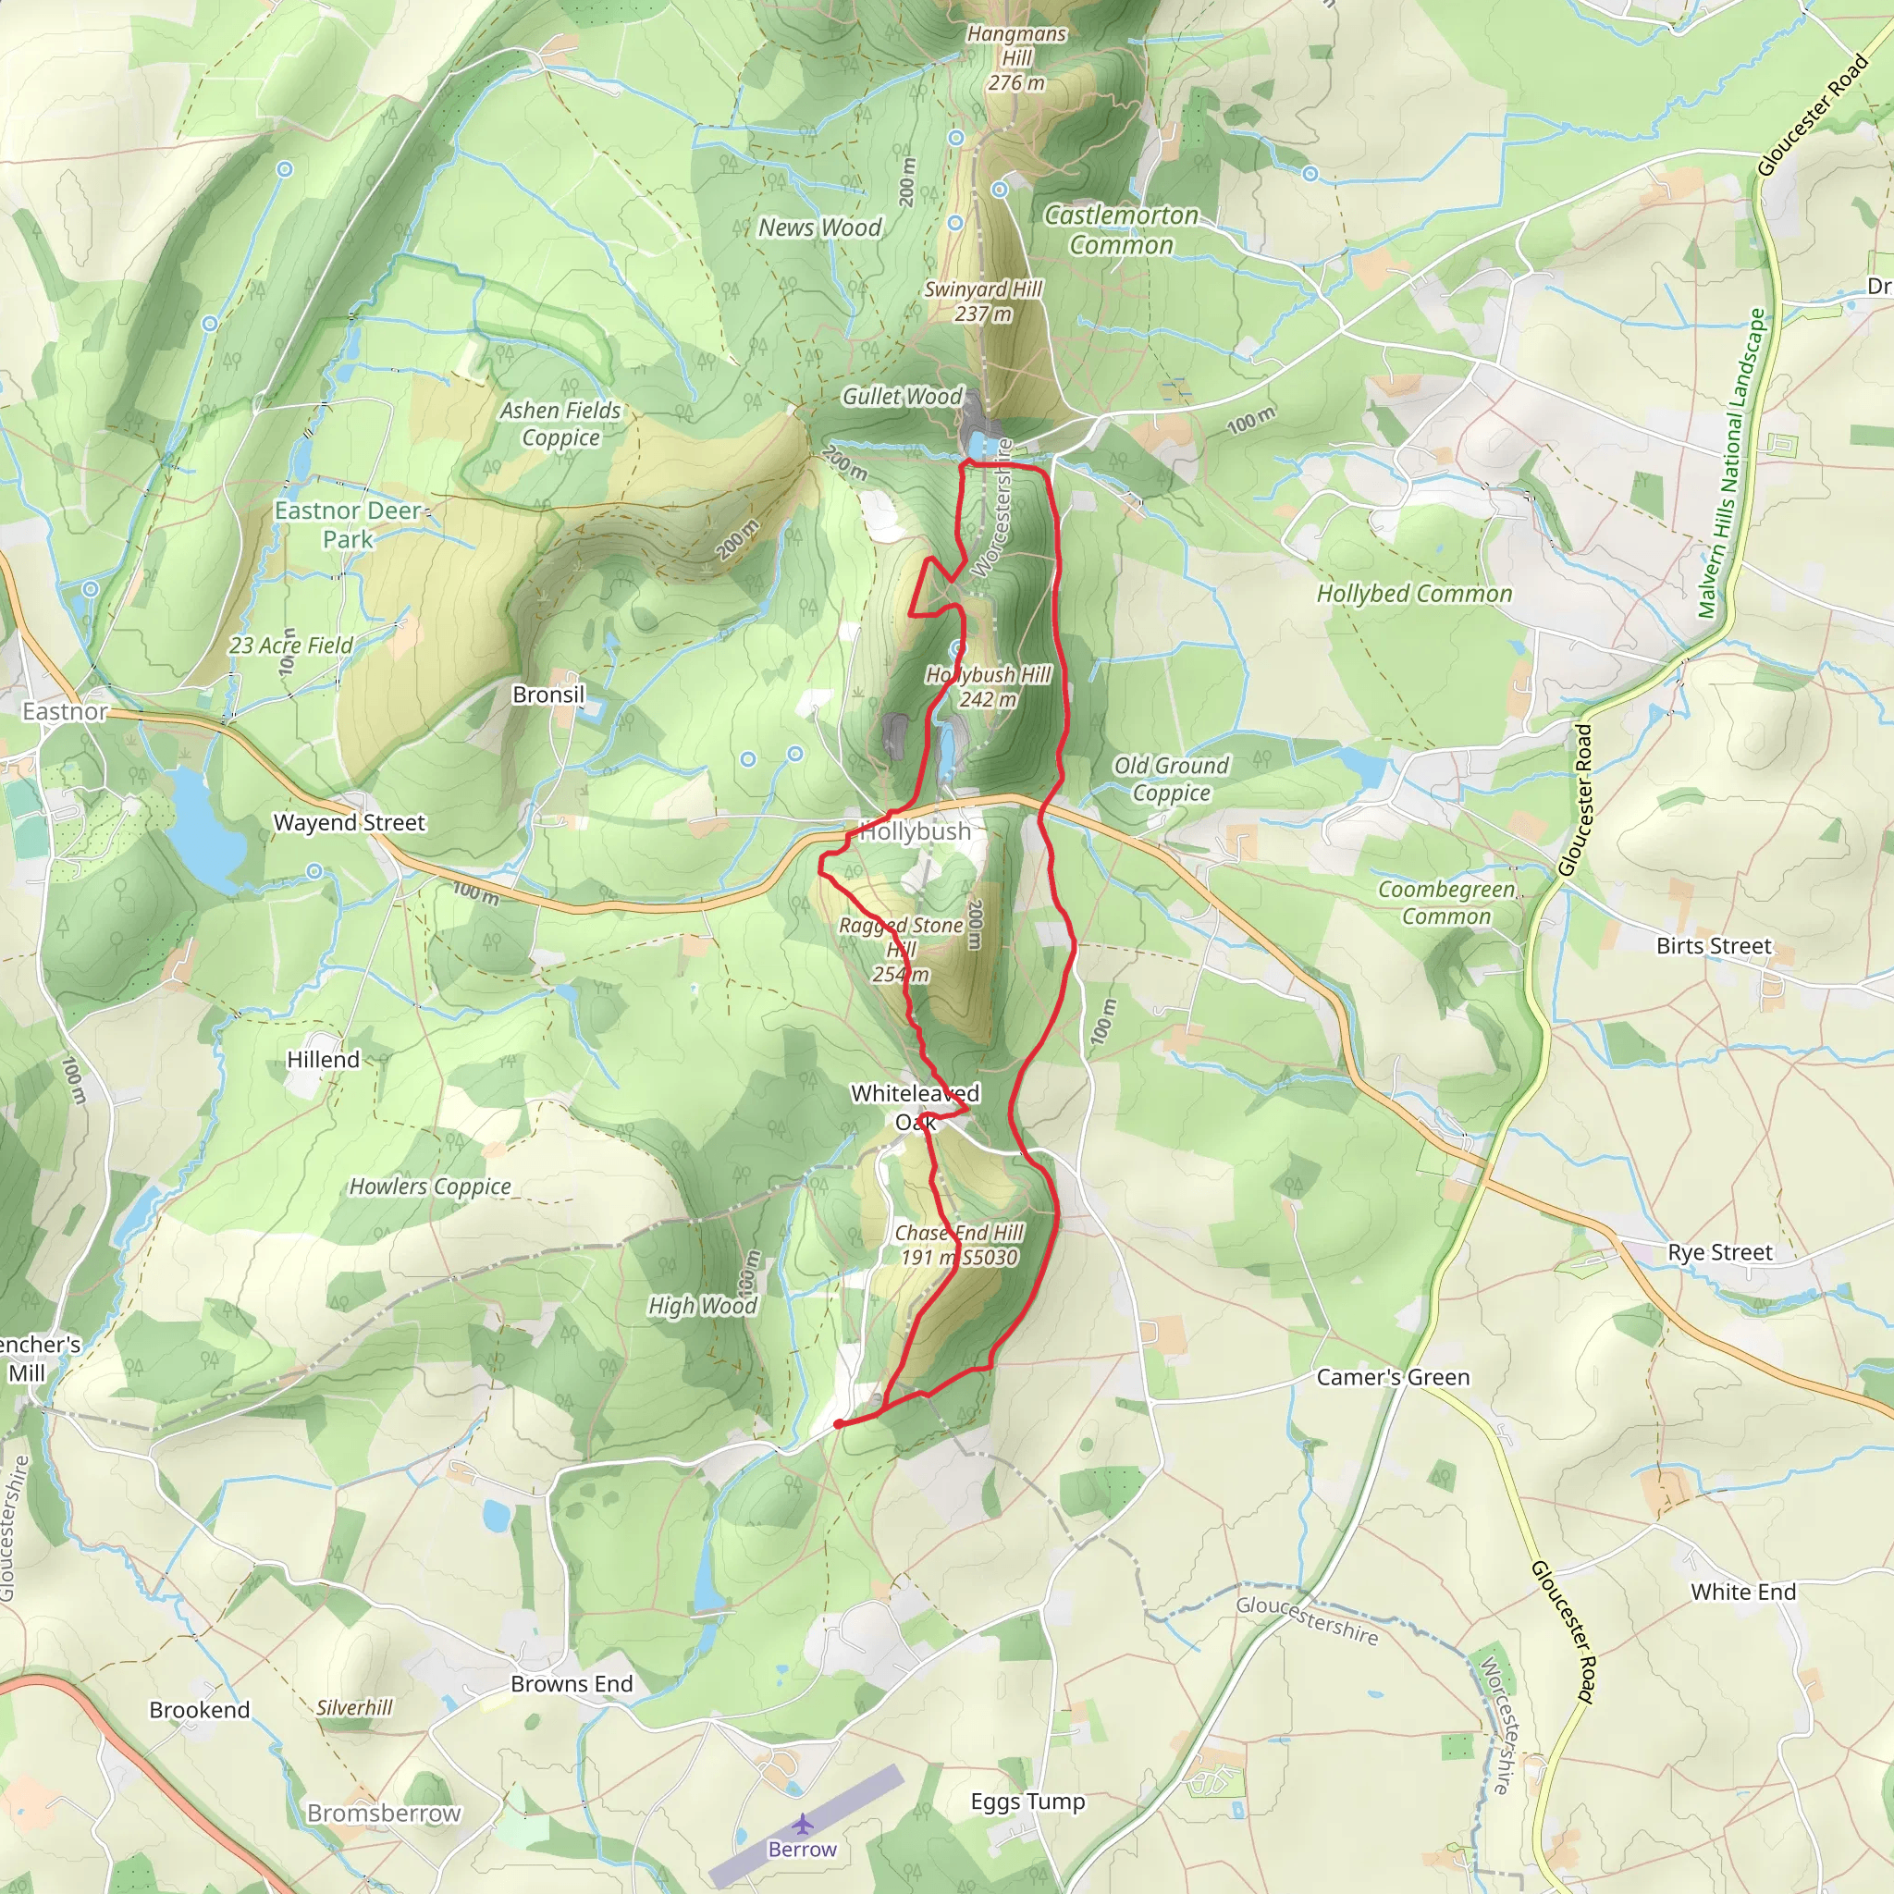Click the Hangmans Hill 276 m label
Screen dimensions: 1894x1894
1015,59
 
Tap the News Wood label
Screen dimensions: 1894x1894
819,228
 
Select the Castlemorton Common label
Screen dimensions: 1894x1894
1121,230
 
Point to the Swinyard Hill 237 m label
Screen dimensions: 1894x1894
982,301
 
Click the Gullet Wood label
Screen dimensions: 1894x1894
902,396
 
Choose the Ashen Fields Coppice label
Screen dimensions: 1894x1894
560,424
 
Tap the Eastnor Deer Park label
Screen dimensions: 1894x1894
348,524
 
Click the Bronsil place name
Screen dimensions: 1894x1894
548,695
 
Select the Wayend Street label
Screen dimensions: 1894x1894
349,822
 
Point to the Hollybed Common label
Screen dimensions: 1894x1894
1413,594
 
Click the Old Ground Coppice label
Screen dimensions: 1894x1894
1171,779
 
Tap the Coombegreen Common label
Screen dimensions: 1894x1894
1446,902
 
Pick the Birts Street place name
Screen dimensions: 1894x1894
1714,946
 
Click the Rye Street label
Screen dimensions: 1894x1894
1719,1252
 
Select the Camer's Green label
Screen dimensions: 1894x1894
1392,1377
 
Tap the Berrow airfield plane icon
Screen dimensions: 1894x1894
803,1825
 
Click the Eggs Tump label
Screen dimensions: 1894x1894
1027,1801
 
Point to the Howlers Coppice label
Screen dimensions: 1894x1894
430,1187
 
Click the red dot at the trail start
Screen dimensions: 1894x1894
839,1423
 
